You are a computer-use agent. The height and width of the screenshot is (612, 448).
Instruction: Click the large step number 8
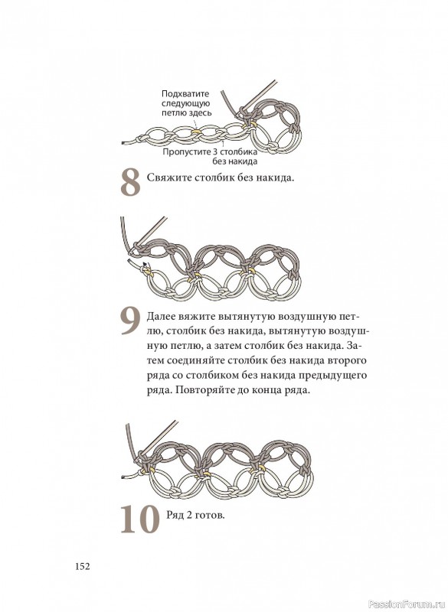[130, 182]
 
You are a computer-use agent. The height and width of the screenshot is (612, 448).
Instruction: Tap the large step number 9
[130, 321]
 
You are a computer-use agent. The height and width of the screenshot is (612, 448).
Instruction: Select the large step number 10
[139, 519]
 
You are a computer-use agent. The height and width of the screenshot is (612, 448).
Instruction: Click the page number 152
[83, 566]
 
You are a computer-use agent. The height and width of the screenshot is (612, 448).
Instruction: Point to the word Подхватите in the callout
[185, 93]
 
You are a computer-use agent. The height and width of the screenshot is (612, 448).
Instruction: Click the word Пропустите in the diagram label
[186, 151]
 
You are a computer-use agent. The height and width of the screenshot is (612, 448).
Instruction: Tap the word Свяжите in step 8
[168, 178]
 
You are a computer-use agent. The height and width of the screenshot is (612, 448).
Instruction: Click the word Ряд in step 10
[174, 515]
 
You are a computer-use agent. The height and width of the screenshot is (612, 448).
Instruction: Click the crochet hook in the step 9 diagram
[152, 232]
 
